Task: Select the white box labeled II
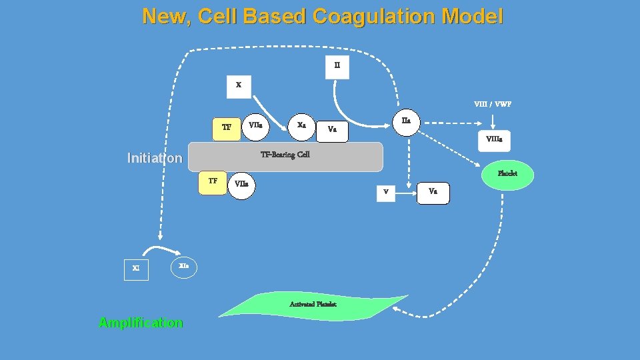[337, 66]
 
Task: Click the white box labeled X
[239, 85]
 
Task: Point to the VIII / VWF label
[493, 104]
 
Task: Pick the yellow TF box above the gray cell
[227, 127]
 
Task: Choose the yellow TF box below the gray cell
[213, 181]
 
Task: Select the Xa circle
[301, 125]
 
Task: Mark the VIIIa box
[494, 140]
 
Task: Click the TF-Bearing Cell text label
[285, 155]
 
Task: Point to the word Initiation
[154, 158]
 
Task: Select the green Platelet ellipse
[507, 173]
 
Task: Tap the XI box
[136, 269]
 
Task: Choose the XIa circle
[184, 266]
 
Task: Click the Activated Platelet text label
[313, 304]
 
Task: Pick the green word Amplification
[141, 323]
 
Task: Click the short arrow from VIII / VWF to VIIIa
[493, 121]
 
